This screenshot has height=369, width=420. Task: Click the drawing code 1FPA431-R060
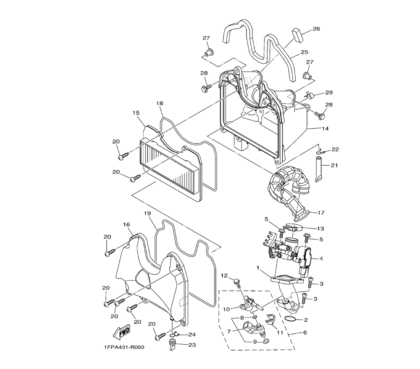pos(124,347)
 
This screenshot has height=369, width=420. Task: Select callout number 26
pos(316,29)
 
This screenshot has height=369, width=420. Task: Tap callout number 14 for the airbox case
pos(325,128)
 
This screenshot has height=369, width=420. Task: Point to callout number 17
pos(321,213)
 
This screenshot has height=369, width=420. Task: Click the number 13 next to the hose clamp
pos(320,229)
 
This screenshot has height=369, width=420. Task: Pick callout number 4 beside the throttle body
pos(321,259)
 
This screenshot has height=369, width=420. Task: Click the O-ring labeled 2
pos(290,318)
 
